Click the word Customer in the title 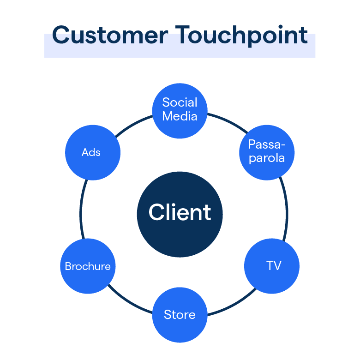110,35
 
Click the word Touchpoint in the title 242,35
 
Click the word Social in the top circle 180,102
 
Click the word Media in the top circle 180,116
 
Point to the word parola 267,158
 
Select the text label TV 273,266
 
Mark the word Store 180,315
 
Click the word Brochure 88,266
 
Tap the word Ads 91,152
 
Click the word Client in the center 180,212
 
